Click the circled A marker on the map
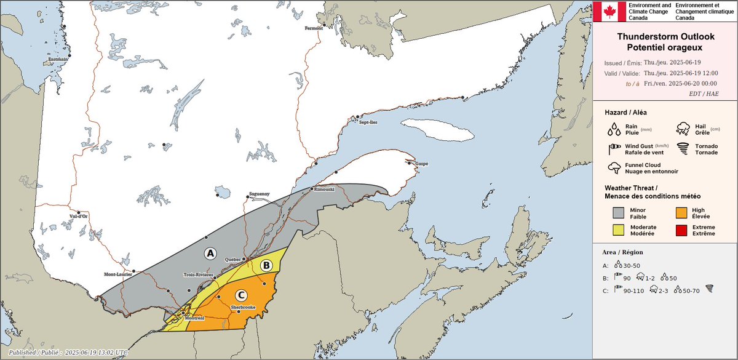point(210,253)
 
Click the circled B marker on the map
point(266,265)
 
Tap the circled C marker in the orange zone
point(240,296)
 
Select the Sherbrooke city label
point(243,306)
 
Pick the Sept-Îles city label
point(368,122)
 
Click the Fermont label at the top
point(314,28)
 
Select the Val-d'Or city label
point(79,216)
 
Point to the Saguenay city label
point(259,194)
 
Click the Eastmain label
point(58,59)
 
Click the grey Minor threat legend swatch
point(619,213)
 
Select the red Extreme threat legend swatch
point(681,231)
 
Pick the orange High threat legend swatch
point(681,213)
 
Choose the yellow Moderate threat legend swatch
point(619,231)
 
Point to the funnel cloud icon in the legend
point(613,168)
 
